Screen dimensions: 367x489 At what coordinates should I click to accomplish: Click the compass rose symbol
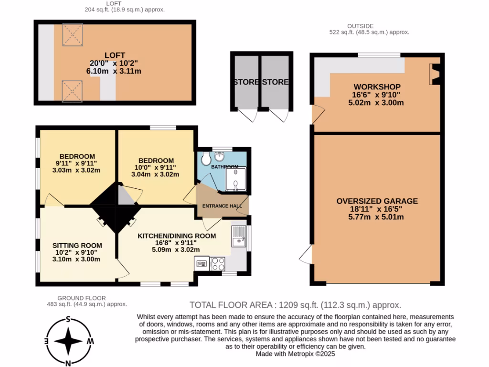point(69,341)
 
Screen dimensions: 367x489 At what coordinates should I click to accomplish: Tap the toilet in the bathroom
point(206,158)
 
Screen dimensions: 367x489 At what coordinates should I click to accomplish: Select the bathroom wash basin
point(221,156)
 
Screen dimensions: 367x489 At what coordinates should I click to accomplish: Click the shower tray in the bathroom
point(236,179)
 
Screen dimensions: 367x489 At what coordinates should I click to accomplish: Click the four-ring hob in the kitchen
point(218,263)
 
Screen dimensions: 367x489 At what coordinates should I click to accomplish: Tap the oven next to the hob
point(201,263)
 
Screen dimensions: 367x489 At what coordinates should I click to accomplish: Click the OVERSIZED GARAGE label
point(377,201)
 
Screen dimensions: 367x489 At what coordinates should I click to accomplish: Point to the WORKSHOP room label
point(377,87)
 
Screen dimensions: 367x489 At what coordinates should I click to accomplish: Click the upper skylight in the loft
point(73,33)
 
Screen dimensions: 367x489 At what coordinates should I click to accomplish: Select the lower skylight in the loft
point(73,91)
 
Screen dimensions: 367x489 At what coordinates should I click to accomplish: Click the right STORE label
point(276,82)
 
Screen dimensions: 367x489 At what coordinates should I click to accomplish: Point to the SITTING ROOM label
point(77,246)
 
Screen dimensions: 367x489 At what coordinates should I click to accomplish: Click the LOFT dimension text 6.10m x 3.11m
point(114,71)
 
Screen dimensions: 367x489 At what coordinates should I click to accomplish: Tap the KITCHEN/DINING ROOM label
point(177,236)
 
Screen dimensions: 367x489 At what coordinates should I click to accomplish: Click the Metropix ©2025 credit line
point(296,354)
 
